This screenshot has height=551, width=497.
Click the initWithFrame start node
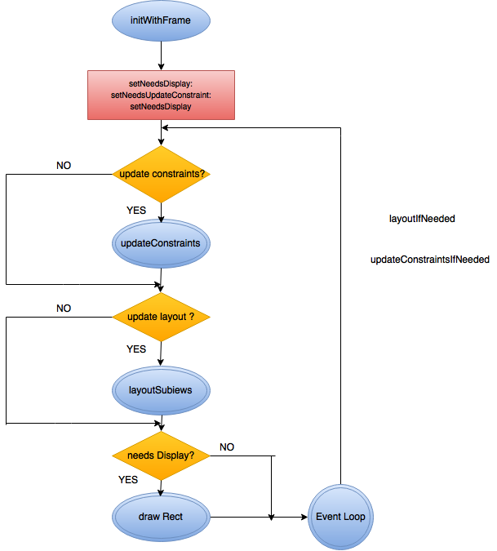pyautogui.click(x=161, y=20)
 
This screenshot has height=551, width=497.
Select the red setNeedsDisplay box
pyautogui.click(x=161, y=95)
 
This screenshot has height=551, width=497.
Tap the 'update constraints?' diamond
pyautogui.click(x=161, y=174)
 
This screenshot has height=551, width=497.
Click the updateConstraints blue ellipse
pyautogui.click(x=161, y=243)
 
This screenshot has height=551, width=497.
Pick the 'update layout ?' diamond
pyautogui.click(x=161, y=316)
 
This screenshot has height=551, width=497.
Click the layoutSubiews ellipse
pyautogui.click(x=161, y=389)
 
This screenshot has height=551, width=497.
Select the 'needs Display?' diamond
pyautogui.click(x=161, y=455)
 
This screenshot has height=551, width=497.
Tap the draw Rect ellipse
pyautogui.click(x=161, y=517)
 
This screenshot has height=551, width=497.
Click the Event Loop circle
pyautogui.click(x=340, y=517)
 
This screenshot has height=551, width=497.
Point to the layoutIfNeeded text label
pyautogui.click(x=422, y=219)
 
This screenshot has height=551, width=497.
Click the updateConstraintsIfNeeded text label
pyautogui.click(x=429, y=260)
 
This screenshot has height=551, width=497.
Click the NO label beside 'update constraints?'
pyautogui.click(x=63, y=165)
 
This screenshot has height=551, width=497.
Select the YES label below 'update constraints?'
pyautogui.click(x=136, y=210)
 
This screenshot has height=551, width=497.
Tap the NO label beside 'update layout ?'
pyautogui.click(x=63, y=308)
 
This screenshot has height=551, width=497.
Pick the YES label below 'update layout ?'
pyautogui.click(x=136, y=349)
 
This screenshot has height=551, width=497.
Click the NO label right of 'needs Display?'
pyautogui.click(x=227, y=447)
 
